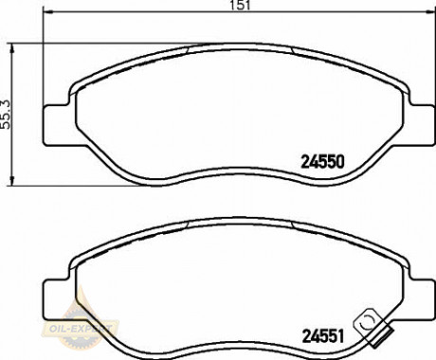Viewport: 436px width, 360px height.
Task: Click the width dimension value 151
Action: [241, 5]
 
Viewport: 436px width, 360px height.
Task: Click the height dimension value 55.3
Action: [6, 115]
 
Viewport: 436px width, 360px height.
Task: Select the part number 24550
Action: [322, 162]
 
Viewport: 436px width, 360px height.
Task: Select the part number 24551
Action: [323, 336]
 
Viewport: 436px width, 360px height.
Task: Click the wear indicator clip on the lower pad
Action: [372, 327]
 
